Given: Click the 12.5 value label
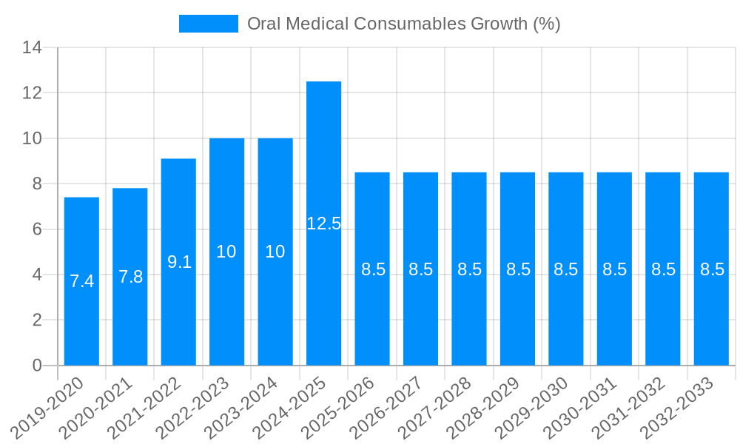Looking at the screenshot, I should point(323,223).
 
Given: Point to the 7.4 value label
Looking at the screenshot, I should point(81,281).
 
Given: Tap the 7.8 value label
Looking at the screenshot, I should point(130,277).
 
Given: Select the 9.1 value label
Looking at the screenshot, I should point(178,262).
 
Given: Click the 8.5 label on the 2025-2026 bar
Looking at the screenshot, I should point(372,269).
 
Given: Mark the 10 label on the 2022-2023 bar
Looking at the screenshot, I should point(226,252).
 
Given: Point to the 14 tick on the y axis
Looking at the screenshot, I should point(32,48).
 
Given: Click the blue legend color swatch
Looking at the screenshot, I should point(208,24).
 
